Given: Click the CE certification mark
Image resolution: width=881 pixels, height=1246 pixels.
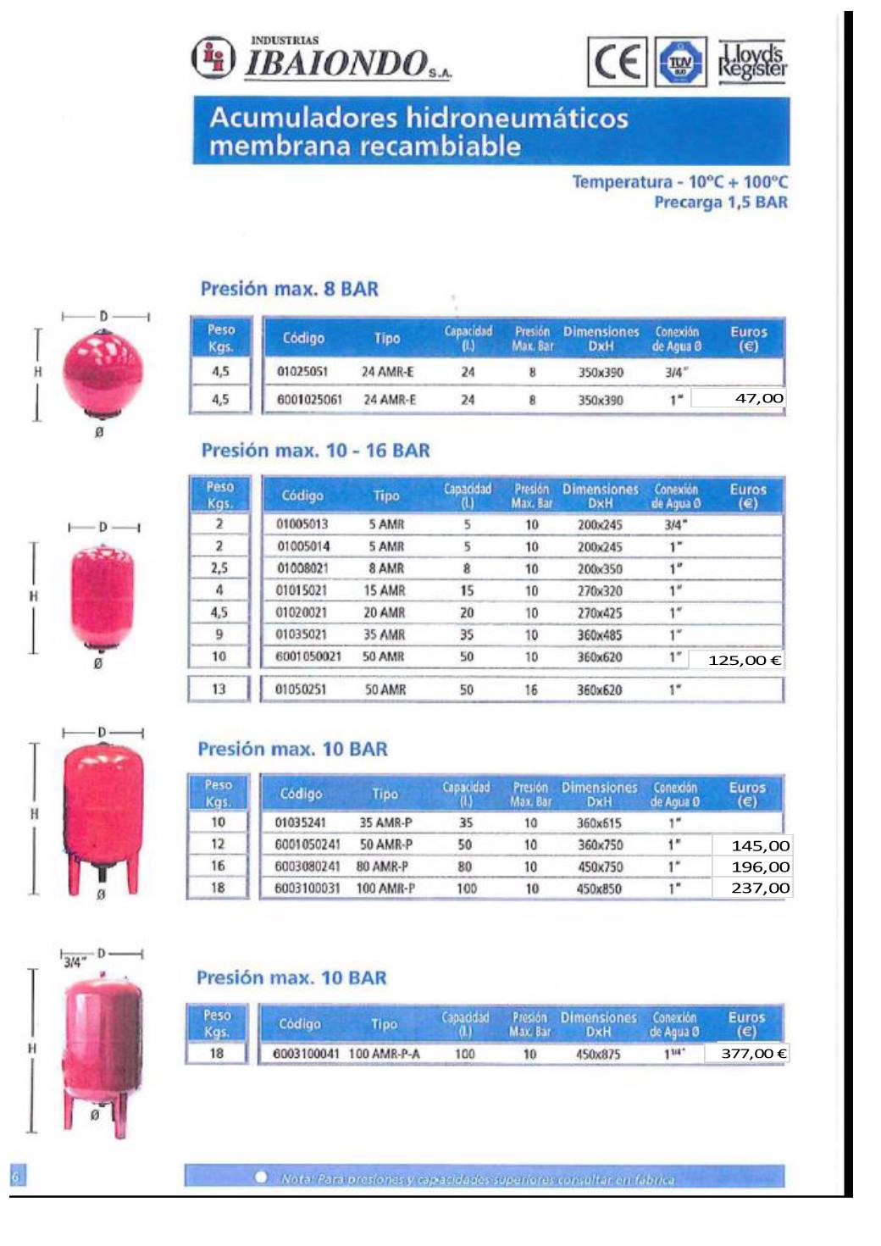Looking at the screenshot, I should click(617, 62).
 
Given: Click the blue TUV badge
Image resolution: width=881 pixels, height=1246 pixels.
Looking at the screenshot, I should click(681, 62).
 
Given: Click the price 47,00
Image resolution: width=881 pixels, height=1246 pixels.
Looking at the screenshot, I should click(758, 398).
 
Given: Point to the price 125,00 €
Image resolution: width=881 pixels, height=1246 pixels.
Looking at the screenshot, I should click(745, 660).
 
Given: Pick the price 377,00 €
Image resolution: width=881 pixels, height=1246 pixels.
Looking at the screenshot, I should click(753, 1053).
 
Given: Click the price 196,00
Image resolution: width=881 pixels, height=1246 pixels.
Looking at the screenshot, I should click(760, 867).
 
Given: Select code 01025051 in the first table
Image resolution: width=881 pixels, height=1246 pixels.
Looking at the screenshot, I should click(302, 371).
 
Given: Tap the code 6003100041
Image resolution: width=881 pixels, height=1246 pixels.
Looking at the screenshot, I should click(306, 1054).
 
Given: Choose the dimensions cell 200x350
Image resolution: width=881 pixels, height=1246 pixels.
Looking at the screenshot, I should click(600, 568).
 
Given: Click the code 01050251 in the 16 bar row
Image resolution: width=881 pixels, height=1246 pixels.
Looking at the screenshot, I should click(301, 689).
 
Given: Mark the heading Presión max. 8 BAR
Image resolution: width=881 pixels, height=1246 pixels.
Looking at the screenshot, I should click(290, 289).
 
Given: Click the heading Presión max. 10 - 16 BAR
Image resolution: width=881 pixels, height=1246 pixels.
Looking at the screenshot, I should click(315, 451).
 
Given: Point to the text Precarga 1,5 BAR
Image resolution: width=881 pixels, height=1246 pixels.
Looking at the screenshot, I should click(720, 202).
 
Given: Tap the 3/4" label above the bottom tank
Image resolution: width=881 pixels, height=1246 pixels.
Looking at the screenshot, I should click(75, 962).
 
